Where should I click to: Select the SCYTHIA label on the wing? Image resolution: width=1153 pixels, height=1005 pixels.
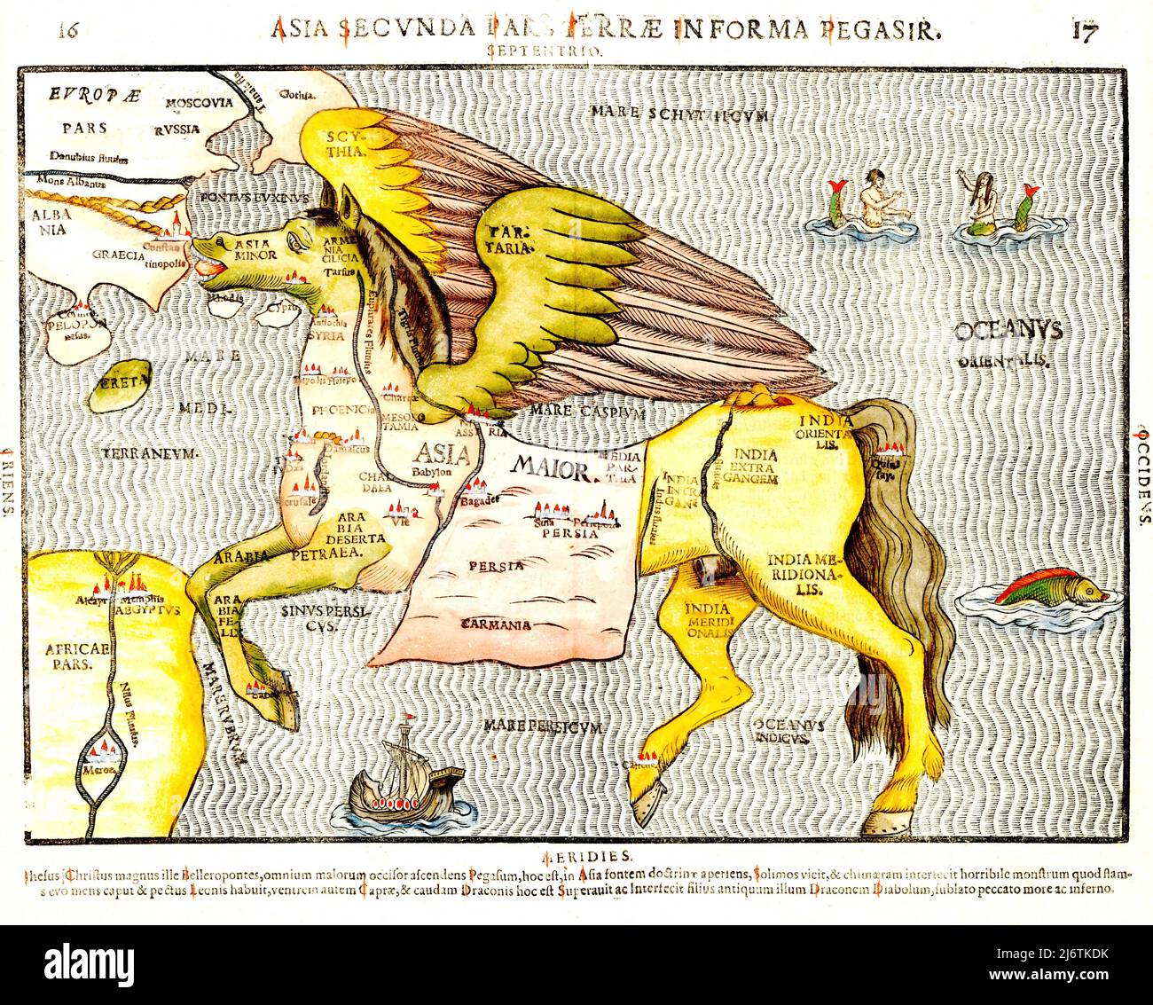tap(346, 143)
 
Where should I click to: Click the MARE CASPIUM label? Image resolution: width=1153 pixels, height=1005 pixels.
tap(586, 412)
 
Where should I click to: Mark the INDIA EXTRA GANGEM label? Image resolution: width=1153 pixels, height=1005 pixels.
tap(755, 467)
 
